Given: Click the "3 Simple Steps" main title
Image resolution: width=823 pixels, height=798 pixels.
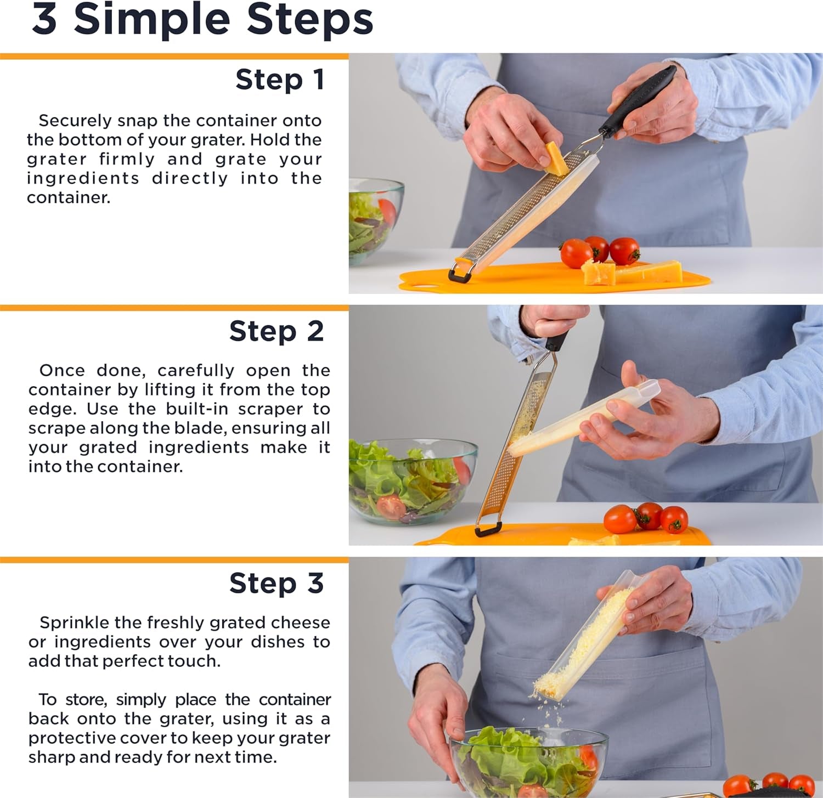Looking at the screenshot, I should tap(202, 20).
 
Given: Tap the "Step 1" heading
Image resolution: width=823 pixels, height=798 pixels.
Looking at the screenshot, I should tap(280, 80).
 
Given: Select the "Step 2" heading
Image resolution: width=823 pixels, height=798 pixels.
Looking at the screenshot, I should tap(277, 331).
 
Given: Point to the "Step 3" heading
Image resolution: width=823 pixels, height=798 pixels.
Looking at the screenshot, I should tap(277, 583).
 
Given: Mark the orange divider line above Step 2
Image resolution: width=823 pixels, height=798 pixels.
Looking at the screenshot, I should tap(174, 308).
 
